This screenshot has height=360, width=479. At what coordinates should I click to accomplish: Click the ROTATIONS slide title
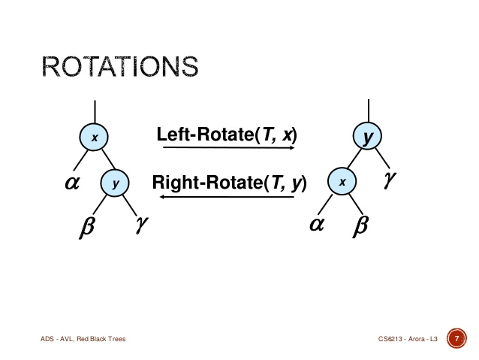(x=120, y=66)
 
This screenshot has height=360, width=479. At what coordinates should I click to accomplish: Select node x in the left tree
(x=94, y=137)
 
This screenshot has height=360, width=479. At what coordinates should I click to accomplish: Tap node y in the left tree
(x=115, y=183)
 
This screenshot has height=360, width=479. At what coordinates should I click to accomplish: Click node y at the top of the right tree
(x=367, y=135)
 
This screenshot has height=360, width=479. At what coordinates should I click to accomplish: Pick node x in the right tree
(x=342, y=181)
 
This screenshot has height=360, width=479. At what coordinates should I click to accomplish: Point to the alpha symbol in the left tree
(x=72, y=183)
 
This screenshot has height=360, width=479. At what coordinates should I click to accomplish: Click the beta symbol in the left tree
(x=87, y=226)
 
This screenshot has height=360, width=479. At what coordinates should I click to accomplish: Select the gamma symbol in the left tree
(x=142, y=224)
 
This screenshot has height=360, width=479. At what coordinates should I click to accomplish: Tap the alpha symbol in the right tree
(x=317, y=224)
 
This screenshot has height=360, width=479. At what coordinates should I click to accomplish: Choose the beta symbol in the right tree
(x=361, y=225)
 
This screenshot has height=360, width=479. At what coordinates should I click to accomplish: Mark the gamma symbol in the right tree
(x=390, y=179)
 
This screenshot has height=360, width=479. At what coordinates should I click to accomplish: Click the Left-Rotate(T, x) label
(x=227, y=135)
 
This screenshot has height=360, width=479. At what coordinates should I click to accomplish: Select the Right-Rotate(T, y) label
(x=229, y=183)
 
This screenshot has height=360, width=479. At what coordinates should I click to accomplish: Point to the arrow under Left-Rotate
(x=228, y=147)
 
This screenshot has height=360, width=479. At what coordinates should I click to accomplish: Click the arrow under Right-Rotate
(x=227, y=196)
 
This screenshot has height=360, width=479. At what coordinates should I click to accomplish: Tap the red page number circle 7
(x=456, y=338)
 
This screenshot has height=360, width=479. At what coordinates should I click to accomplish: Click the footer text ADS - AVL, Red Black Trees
(x=83, y=339)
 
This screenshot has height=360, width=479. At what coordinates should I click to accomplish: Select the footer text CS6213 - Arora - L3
(x=408, y=339)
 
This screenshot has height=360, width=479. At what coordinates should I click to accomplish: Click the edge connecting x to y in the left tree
(x=108, y=159)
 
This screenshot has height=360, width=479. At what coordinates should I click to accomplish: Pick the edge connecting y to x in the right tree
(x=355, y=158)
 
